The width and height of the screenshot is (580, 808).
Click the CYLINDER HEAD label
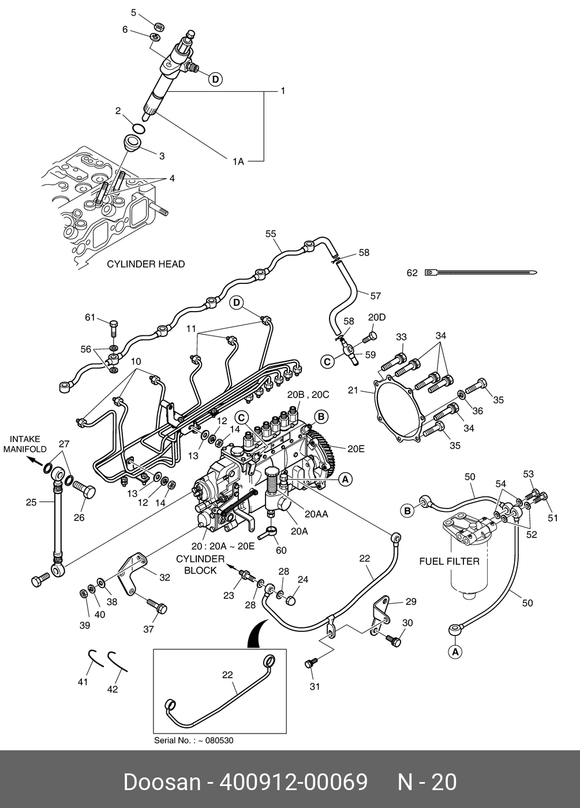pos(146,264)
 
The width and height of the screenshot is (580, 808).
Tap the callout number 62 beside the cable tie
pos(412,273)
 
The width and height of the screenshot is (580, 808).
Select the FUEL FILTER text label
pos(449,561)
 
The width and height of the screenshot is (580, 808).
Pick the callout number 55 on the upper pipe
pos(271,234)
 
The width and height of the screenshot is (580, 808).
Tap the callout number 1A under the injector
pos(238,162)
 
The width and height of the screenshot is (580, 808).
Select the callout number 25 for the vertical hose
pos(31,502)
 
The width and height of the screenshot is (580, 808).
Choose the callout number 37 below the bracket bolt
pos(148,629)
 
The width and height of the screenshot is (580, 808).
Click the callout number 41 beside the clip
pos(83,682)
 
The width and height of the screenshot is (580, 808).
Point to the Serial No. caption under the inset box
pos(193,740)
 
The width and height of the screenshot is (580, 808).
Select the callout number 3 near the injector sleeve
pos(162,156)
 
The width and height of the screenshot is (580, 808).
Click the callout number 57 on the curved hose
pos(376,296)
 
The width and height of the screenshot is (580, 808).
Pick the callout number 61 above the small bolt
pos(89,317)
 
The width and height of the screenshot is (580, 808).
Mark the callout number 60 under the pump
pos(281,550)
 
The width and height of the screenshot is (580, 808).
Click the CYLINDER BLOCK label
pos(200,564)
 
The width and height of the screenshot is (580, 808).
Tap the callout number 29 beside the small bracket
pos(410,602)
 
